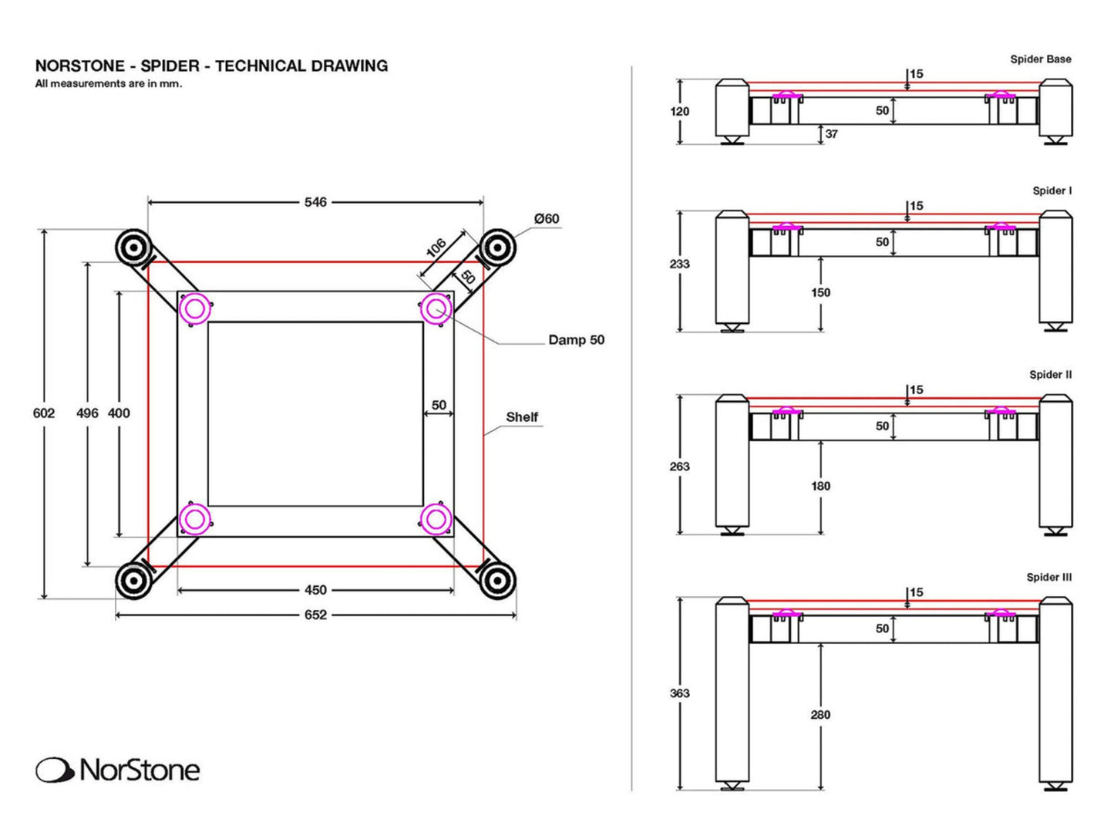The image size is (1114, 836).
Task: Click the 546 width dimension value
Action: click(315, 202)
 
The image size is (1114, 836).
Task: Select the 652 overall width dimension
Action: click(315, 615)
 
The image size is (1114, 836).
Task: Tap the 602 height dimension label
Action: click(44, 413)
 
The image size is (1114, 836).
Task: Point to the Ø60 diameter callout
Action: click(547, 219)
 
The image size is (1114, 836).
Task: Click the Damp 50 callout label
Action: click(576, 340)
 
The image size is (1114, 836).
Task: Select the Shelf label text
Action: click(522, 417)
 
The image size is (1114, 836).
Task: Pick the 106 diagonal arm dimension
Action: click(436, 248)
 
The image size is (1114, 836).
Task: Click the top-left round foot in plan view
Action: click(133, 248)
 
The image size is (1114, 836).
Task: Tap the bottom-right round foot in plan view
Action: click(497, 580)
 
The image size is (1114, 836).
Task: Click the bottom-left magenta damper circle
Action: click(194, 520)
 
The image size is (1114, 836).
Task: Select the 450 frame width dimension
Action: click(315, 590)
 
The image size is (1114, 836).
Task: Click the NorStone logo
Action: click(118, 770)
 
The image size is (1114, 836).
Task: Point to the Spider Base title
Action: click(1040, 59)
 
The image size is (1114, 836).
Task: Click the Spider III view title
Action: click(1048, 578)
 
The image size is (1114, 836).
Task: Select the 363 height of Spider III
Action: click(679, 693)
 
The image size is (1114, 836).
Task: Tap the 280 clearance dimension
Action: click(820, 715)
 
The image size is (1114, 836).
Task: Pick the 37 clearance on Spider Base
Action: click(831, 134)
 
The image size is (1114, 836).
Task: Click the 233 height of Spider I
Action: click(679, 264)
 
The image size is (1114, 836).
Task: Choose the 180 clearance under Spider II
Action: click(820, 486)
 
